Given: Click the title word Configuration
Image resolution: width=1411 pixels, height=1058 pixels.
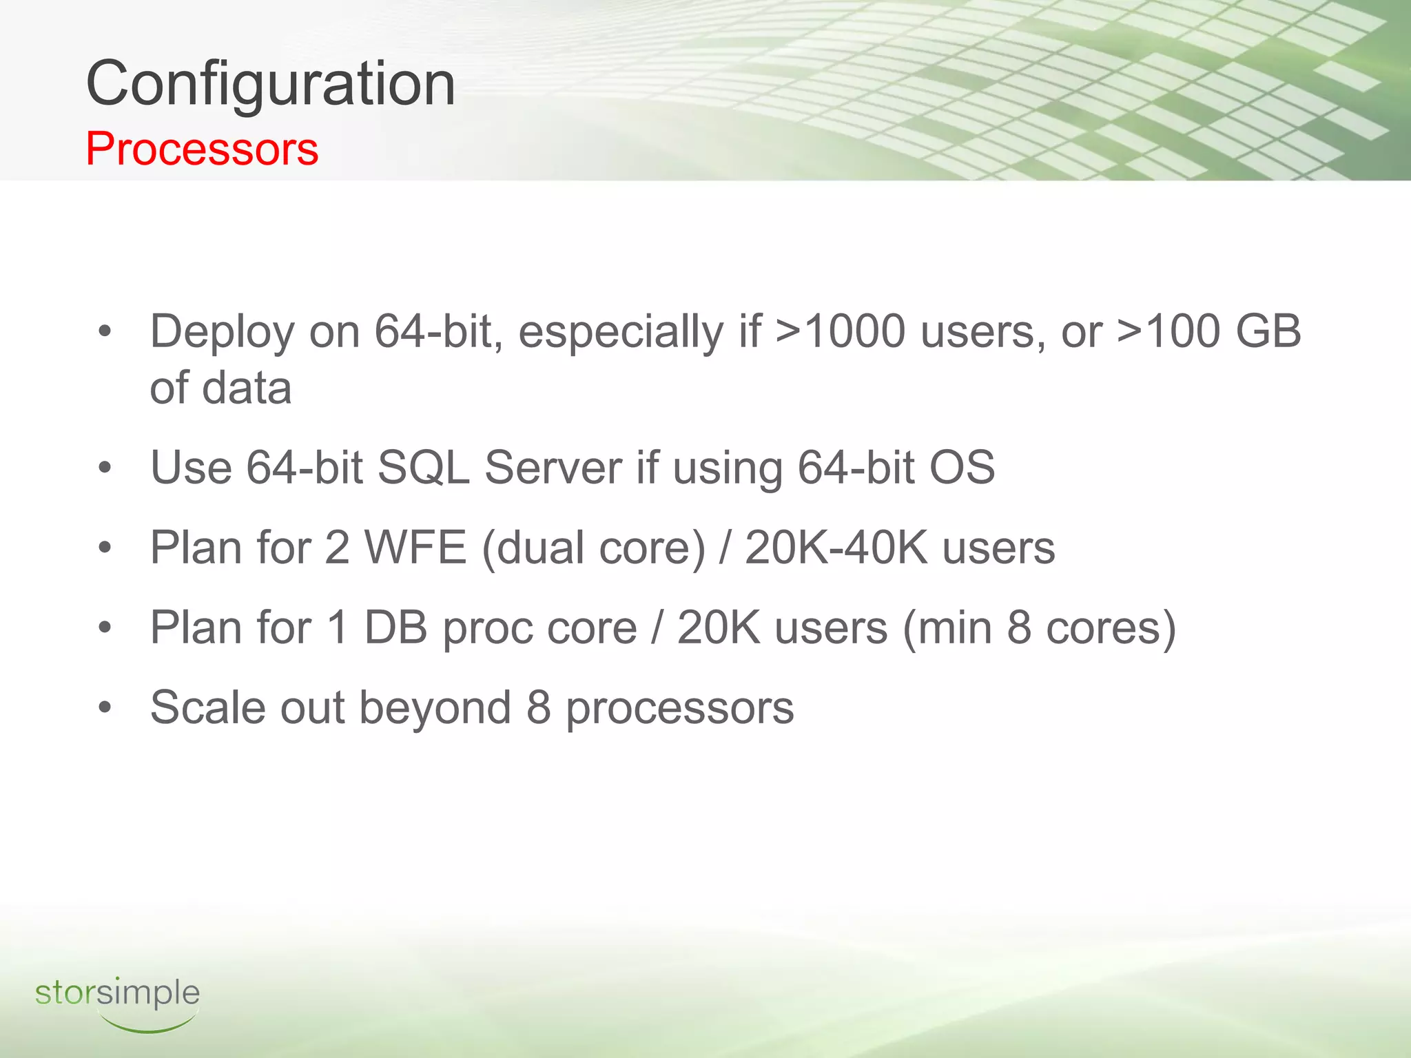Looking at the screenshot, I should coord(270,84).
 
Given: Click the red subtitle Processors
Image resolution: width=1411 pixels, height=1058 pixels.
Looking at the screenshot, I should coord(202,149).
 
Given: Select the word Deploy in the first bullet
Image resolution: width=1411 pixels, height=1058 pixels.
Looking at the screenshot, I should coord(222,332).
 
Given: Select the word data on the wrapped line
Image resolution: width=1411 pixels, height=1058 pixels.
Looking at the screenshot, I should coord(247,388).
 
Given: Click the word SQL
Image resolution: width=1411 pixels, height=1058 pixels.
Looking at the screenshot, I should coord(423,468).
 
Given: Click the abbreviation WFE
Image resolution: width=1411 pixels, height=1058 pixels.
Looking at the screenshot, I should coord(415,548).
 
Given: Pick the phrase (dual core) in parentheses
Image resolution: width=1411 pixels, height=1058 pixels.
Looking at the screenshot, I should coord(593,549).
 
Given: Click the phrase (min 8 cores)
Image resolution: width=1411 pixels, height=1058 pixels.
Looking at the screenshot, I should coord(1039,628).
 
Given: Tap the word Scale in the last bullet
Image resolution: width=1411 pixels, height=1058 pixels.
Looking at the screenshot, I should coord(207,708).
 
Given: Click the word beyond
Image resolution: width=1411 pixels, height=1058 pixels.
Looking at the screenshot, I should coord(435,709).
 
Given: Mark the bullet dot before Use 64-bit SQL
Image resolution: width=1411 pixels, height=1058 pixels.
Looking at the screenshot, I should coord(105,468).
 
